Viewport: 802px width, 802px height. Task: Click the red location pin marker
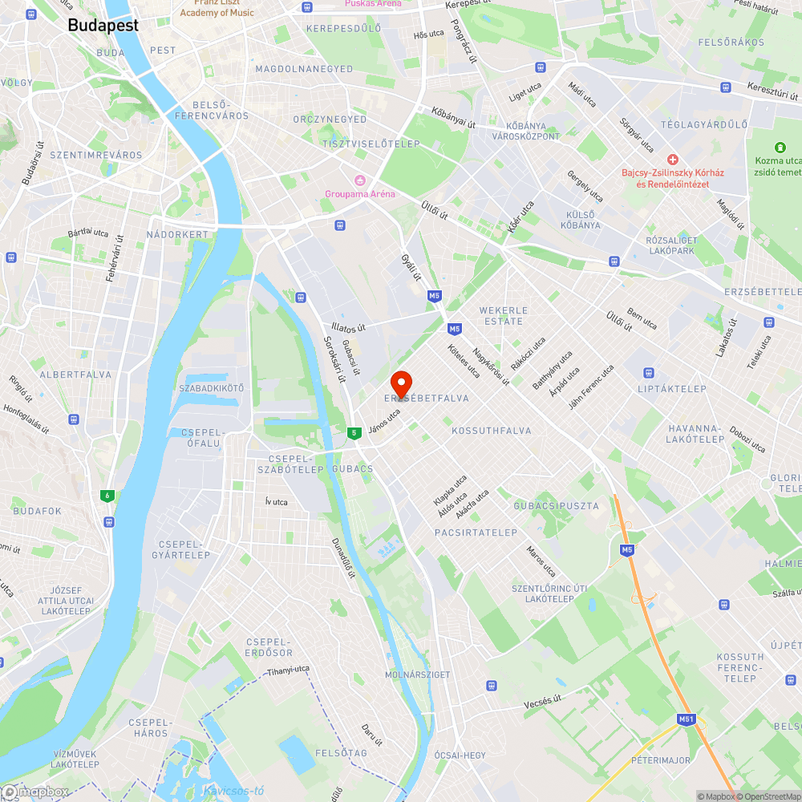pyautogui.click(x=400, y=383)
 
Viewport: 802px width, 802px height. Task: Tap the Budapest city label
pyautogui.click(x=103, y=25)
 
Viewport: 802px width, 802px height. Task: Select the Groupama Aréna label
pyautogui.click(x=360, y=193)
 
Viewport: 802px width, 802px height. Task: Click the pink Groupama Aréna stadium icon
pyautogui.click(x=360, y=179)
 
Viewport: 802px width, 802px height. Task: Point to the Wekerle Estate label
pyautogui.click(x=504, y=315)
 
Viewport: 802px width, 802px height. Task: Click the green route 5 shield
pyautogui.click(x=353, y=433)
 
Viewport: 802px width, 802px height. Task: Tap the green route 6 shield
pyautogui.click(x=107, y=496)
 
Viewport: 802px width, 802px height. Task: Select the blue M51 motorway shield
pyautogui.click(x=686, y=719)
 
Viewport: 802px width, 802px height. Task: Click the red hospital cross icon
pyautogui.click(x=673, y=160)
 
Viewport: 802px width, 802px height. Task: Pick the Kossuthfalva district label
pyautogui.click(x=492, y=431)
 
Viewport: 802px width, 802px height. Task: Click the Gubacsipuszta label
pyautogui.click(x=556, y=506)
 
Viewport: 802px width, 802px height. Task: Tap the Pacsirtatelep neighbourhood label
pyautogui.click(x=476, y=533)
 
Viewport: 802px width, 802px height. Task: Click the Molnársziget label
pyautogui.click(x=418, y=674)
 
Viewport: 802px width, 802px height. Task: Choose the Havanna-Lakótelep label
pyautogui.click(x=696, y=433)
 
